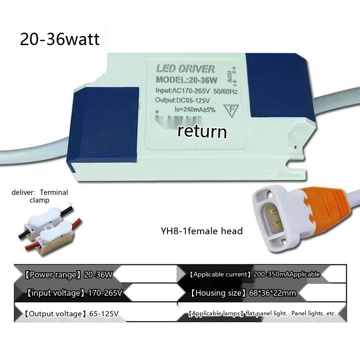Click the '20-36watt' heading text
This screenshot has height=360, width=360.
tap(60, 39)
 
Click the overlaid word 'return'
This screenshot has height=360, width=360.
tap(202, 131)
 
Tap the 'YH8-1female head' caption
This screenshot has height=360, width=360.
tap(202, 231)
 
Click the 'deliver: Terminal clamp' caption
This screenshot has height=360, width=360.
tap(40, 196)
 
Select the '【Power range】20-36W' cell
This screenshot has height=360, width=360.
tap(68, 275)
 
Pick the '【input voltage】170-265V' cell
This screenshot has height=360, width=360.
tap(74, 292)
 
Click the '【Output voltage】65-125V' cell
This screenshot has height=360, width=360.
tap(71, 314)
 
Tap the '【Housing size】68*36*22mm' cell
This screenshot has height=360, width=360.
tap(243, 292)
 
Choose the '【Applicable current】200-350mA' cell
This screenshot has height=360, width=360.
tap(254, 274)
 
